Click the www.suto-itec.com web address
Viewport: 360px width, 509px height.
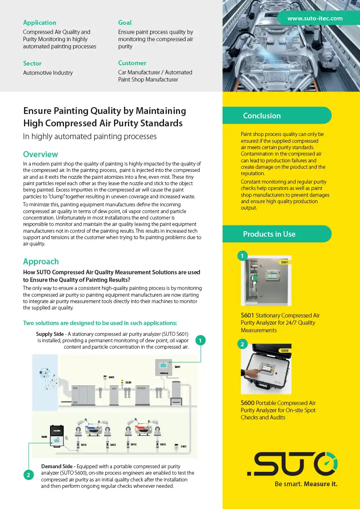point(315,18)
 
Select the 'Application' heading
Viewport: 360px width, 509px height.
point(40,23)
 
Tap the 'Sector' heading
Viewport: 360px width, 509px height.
point(32,64)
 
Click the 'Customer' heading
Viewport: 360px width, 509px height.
point(132,63)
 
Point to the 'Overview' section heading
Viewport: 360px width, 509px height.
point(40,154)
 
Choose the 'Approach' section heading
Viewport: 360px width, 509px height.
point(41,261)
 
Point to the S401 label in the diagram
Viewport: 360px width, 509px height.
point(112,377)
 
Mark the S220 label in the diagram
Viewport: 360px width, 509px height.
point(128,383)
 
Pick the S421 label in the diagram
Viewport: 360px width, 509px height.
point(184,446)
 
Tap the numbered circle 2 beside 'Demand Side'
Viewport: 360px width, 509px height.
point(28,475)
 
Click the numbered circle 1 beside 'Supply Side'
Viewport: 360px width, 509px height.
point(200,340)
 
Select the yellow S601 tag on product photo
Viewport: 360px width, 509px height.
point(284,262)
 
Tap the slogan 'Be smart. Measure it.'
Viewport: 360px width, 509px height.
point(306,484)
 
